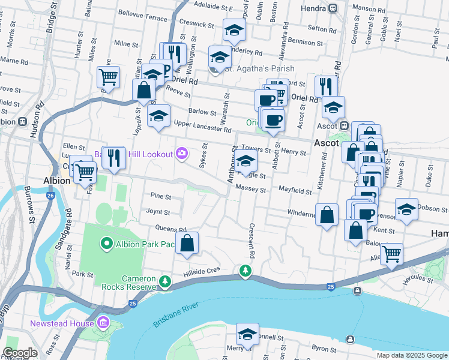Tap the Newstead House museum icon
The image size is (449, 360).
(x=103, y=324)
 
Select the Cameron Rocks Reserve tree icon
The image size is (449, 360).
(x=164, y=280)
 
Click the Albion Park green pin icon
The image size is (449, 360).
(x=107, y=243)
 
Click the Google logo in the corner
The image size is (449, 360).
(x=20, y=353)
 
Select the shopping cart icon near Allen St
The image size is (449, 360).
(x=391, y=253)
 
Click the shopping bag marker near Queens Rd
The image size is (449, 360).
(x=187, y=243)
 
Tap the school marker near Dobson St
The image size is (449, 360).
(x=406, y=209)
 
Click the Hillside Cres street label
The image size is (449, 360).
(x=205, y=271)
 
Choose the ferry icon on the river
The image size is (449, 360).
(x=357, y=291)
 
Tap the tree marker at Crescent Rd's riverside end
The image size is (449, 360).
(x=245, y=271)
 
